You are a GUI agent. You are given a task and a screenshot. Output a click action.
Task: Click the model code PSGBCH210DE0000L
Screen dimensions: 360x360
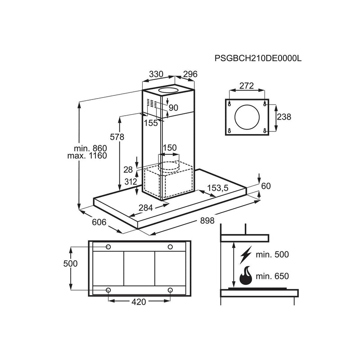click(x=257, y=58)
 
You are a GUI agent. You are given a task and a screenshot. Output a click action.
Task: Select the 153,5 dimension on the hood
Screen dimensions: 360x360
click(x=218, y=187)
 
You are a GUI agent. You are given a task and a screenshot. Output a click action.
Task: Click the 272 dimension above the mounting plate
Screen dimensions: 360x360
click(x=247, y=85)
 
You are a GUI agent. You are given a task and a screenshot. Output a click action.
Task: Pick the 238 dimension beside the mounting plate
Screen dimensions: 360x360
click(x=284, y=117)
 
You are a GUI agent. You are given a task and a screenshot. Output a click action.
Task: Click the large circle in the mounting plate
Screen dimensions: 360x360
click(x=247, y=117)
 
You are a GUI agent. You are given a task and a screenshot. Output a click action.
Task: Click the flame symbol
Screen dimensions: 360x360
click(x=245, y=276)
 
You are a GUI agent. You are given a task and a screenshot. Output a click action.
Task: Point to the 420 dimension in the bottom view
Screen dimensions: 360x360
click(x=139, y=302)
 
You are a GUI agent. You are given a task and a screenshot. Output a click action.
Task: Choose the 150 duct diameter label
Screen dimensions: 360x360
click(x=170, y=148)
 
